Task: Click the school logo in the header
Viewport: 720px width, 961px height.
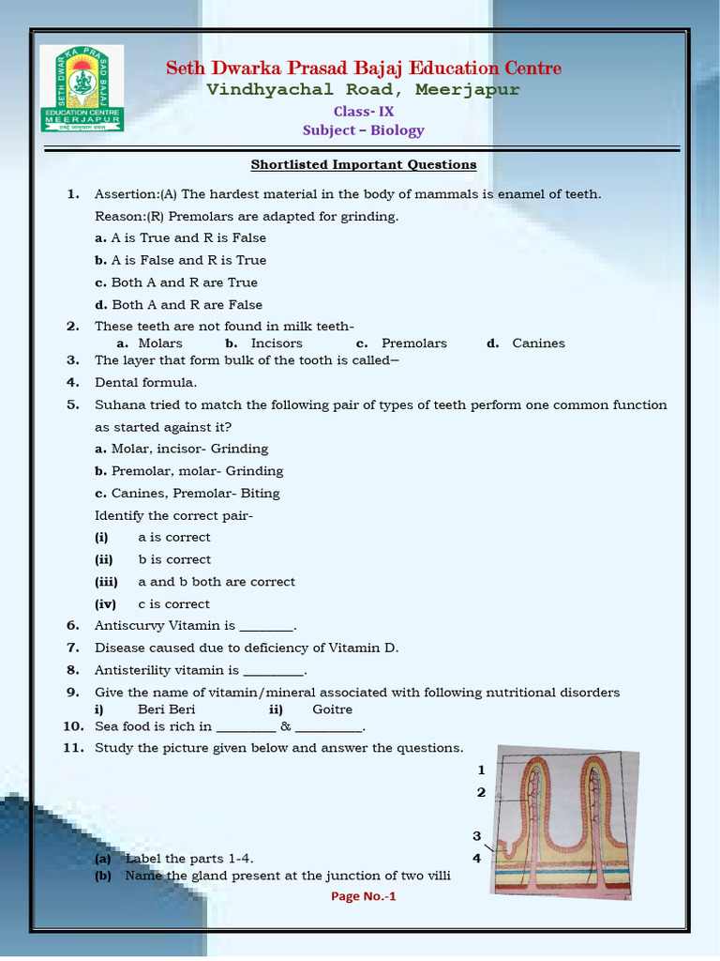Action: coord(82,90)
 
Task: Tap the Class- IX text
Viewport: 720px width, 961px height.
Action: coord(364,111)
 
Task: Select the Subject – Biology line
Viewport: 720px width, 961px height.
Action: coord(363,130)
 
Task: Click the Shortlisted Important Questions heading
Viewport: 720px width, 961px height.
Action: coord(363,165)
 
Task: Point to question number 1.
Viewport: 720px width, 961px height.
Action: coord(72,194)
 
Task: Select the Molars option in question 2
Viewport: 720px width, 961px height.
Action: coord(160,343)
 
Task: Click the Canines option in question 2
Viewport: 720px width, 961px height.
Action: coord(538,343)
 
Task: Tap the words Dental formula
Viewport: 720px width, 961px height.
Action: coord(145,383)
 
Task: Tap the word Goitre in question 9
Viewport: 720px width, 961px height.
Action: coord(332,709)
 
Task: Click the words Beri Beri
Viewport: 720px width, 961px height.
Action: coord(166,709)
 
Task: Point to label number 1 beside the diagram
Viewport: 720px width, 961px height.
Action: coord(481,770)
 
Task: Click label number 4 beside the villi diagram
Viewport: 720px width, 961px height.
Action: coord(477,858)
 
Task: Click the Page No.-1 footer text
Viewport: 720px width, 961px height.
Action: coord(364,896)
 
